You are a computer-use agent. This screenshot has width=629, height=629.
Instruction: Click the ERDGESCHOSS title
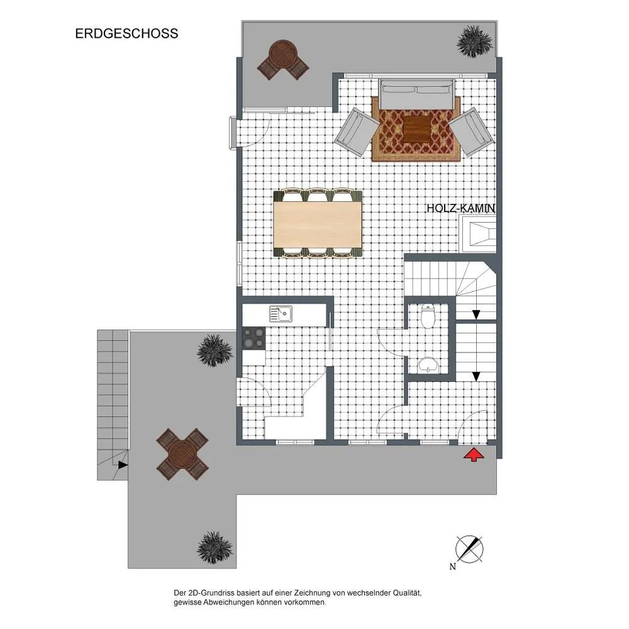coord(126,33)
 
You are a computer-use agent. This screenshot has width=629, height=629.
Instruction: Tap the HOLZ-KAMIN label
coord(460,209)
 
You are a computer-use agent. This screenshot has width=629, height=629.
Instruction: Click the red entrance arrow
coord(474,455)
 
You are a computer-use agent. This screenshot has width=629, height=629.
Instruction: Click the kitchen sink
coord(281,314)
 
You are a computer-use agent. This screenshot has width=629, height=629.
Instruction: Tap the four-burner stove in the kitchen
coord(254,338)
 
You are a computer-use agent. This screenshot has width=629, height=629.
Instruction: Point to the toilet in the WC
coord(428,315)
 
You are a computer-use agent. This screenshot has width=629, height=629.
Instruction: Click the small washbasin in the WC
coord(428,365)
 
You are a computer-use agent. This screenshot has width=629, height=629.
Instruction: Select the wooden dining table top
coord(317,224)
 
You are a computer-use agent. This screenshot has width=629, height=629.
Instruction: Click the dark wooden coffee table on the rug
coord(417,129)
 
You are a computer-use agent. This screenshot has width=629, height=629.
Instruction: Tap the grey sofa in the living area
coord(417,94)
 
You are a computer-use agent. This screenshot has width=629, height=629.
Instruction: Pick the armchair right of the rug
coord(471,131)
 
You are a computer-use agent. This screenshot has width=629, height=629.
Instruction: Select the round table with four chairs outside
coord(182,454)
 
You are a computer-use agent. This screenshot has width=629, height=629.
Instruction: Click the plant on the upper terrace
coord(474,42)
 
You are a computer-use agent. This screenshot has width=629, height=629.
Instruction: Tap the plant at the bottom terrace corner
coord(215,548)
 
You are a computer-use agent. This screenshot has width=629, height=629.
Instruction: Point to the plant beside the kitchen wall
coord(215,350)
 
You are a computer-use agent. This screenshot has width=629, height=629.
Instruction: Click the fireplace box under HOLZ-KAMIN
coord(478,234)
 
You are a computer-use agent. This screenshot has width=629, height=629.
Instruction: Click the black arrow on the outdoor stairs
coord(123,465)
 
